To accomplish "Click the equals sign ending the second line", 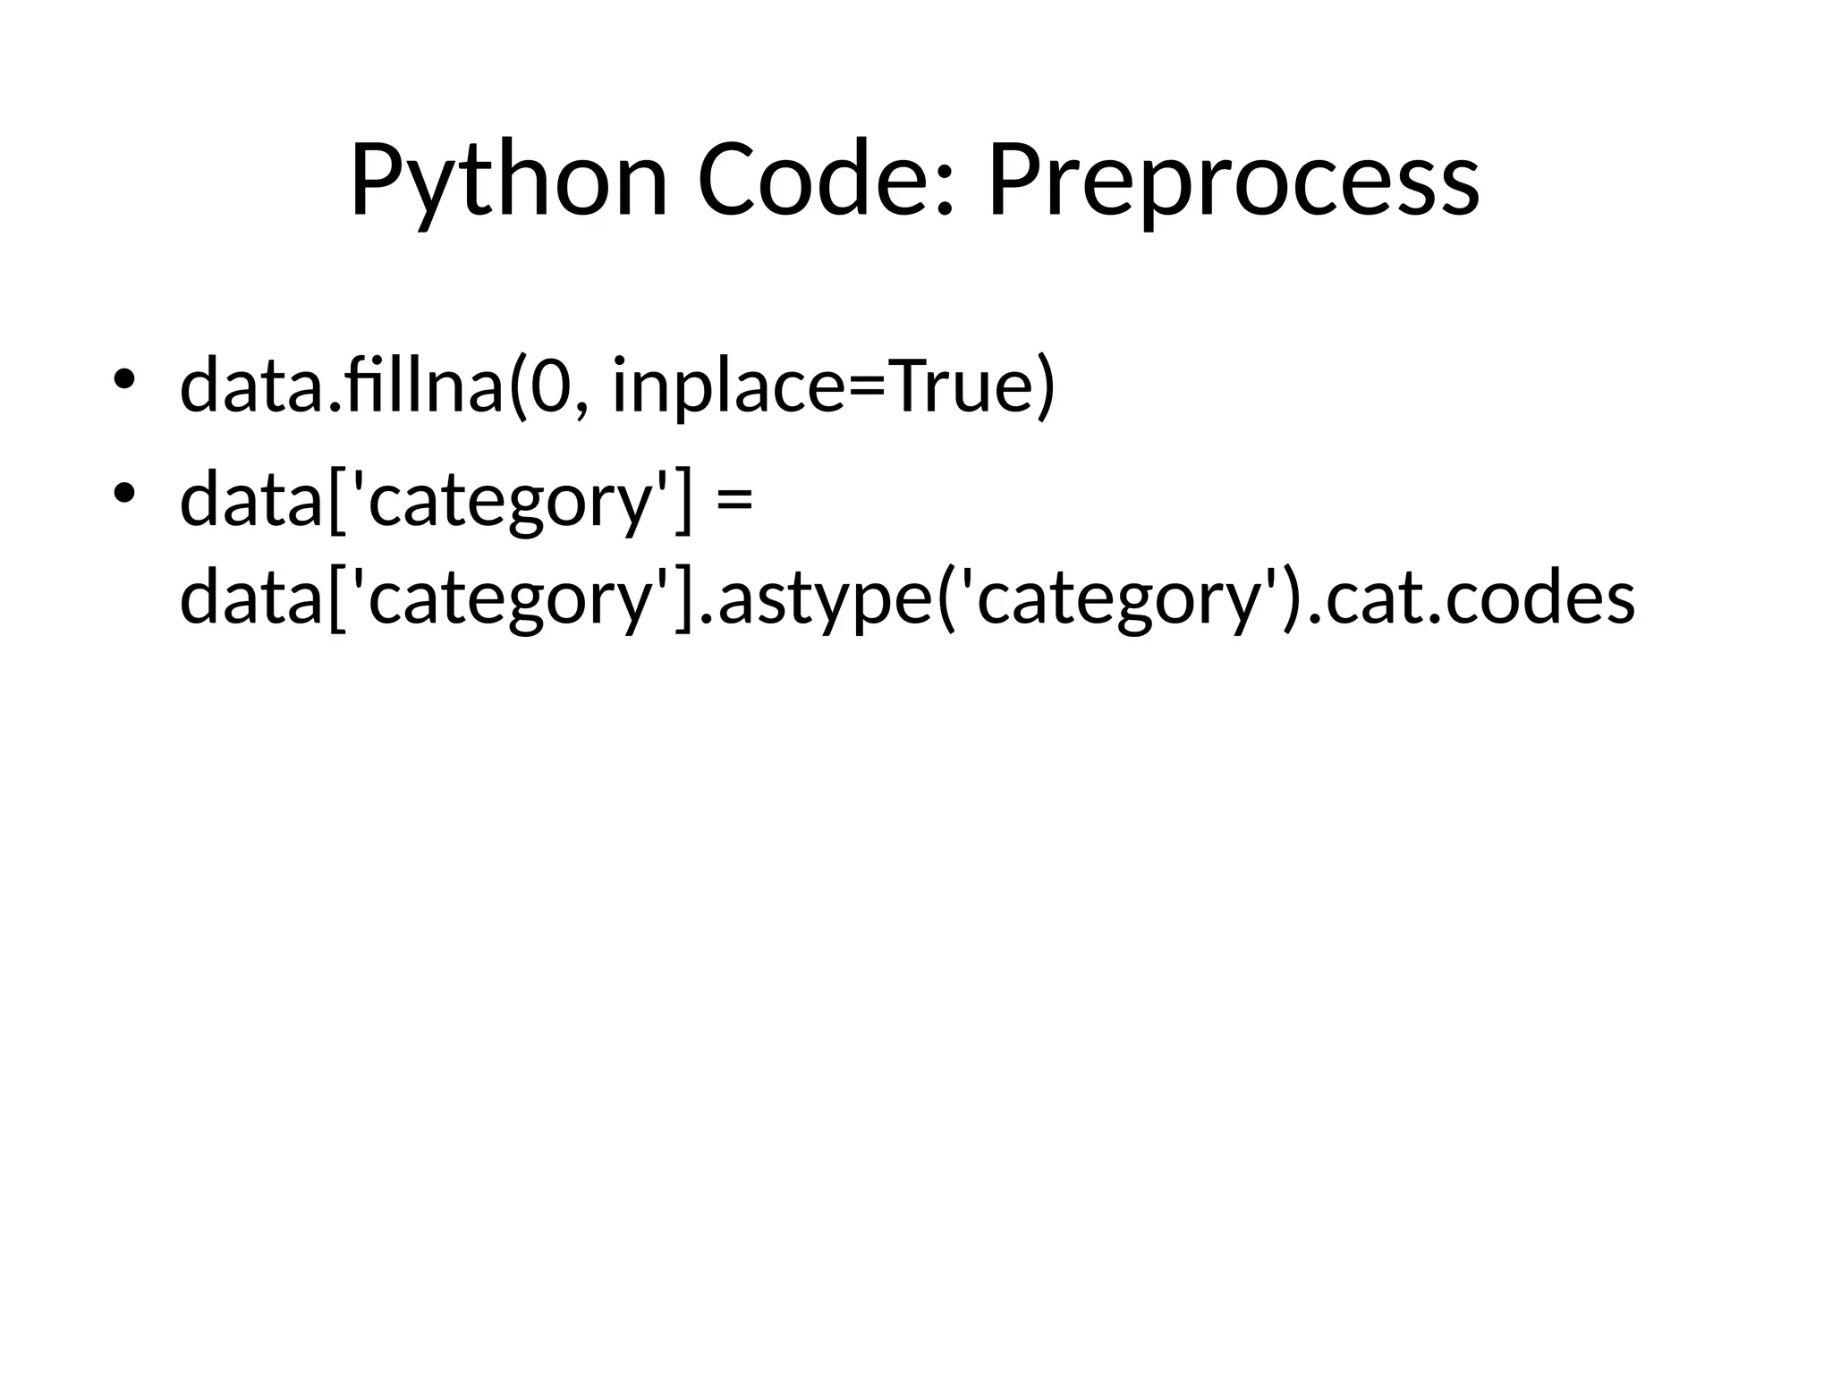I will [734, 501].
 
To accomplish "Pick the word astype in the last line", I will [823, 598].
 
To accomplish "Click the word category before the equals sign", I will [506, 501].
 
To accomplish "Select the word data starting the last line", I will [250, 598].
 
